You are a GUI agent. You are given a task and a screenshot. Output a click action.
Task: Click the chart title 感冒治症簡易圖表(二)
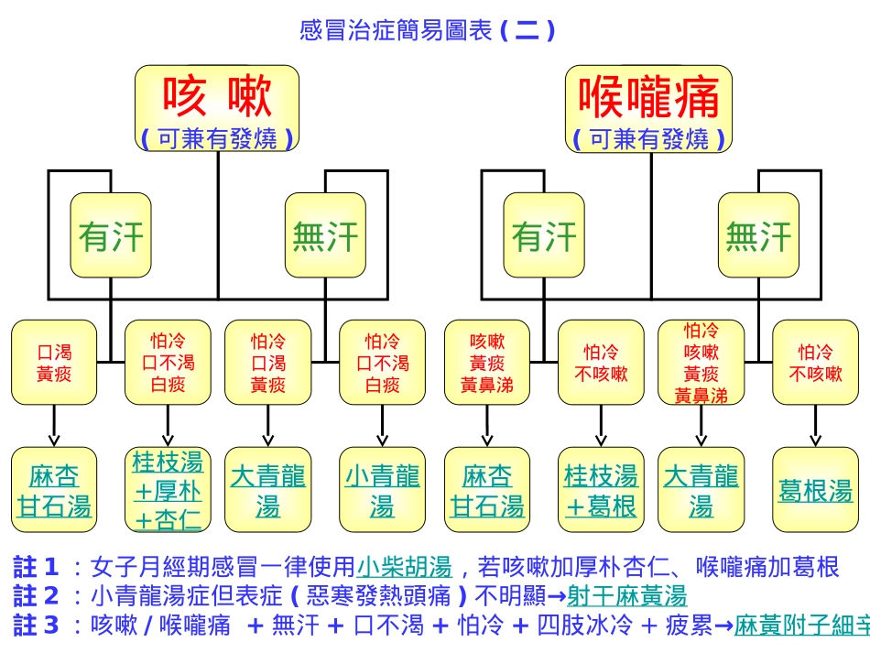click(x=428, y=31)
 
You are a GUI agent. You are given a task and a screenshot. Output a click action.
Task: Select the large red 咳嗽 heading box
click(x=217, y=108)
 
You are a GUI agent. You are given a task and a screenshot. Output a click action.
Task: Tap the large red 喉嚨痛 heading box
click(x=648, y=108)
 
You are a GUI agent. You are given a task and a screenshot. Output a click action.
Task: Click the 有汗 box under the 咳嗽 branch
click(x=111, y=235)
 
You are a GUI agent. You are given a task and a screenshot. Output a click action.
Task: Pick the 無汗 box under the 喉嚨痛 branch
click(x=758, y=235)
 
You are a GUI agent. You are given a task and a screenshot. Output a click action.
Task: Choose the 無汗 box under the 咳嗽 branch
click(x=325, y=235)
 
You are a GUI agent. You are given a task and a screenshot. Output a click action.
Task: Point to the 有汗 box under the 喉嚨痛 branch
click(x=544, y=235)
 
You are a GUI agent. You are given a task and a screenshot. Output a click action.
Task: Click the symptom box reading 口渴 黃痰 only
click(x=54, y=363)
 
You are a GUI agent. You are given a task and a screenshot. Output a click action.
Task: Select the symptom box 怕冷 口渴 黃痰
click(x=268, y=363)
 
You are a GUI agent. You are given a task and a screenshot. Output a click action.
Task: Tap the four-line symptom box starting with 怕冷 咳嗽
click(x=701, y=363)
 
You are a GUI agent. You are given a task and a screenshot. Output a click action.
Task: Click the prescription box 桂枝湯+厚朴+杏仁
click(x=168, y=490)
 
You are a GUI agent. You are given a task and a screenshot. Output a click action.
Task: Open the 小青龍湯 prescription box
click(x=382, y=490)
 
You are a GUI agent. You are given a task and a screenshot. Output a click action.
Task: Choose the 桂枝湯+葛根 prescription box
click(x=601, y=490)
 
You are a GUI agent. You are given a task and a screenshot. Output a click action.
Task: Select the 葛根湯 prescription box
click(x=816, y=490)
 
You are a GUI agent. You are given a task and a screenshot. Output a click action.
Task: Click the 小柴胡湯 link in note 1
click(x=404, y=567)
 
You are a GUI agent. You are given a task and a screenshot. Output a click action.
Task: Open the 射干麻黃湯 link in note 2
click(x=627, y=596)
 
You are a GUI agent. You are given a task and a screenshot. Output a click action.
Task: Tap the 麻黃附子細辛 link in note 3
click(x=802, y=626)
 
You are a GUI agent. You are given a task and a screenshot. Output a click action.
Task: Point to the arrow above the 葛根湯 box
click(x=816, y=426)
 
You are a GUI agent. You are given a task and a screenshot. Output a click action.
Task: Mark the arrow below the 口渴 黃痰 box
click(x=54, y=426)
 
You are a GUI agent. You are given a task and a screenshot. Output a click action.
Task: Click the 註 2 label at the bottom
click(x=36, y=596)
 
